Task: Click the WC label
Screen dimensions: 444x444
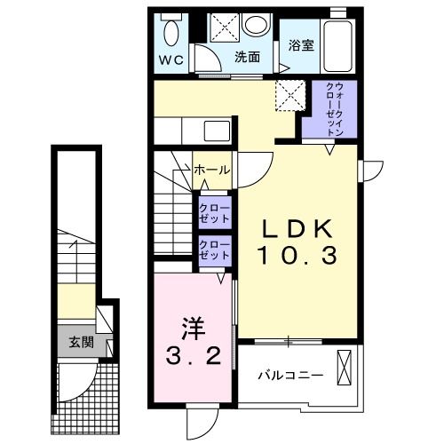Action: point(170,61)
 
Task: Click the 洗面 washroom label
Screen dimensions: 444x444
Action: point(248,58)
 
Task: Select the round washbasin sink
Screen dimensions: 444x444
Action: point(257,26)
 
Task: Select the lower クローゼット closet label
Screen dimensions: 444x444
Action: point(213,250)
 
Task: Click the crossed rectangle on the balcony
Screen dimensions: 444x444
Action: point(345,368)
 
